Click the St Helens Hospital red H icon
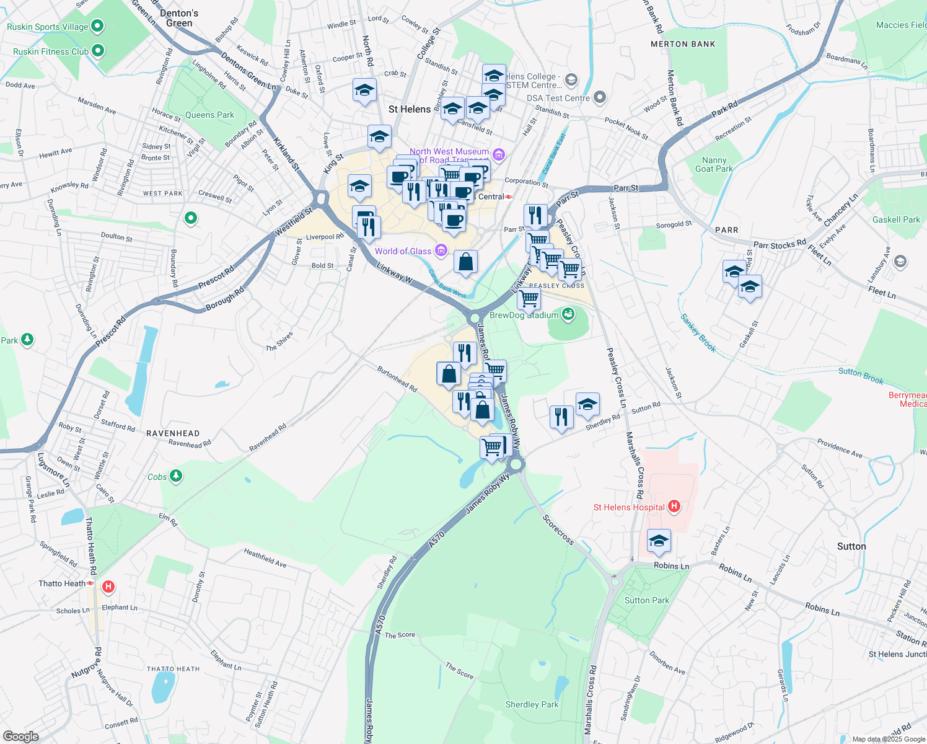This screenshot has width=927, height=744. tap(674, 507)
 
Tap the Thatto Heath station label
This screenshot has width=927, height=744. tap(62, 583)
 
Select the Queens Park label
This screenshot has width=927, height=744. tap(209, 115)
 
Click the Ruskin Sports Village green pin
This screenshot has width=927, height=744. tap(97, 26)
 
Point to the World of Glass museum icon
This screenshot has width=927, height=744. tap(441, 250)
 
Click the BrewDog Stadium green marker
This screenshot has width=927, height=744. tap(568, 314)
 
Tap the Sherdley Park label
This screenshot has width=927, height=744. tap(532, 704)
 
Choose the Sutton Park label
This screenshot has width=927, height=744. tap(647, 600)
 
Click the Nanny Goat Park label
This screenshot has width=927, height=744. tap(714, 164)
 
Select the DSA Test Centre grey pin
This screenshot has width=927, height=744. tap(599, 97)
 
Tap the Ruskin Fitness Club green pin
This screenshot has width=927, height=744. tap(97, 51)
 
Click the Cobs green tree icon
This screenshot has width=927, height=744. tap(176, 476)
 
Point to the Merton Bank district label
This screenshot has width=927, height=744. tap(683, 44)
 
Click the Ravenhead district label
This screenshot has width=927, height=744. tap(173, 433)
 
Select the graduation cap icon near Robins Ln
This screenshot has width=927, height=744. tap(659, 541)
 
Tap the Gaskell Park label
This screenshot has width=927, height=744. tap(896, 219)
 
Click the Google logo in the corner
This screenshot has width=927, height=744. tap(20, 737)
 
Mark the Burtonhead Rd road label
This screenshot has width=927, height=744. tap(397, 379)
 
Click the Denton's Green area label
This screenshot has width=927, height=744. tap(179, 18)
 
